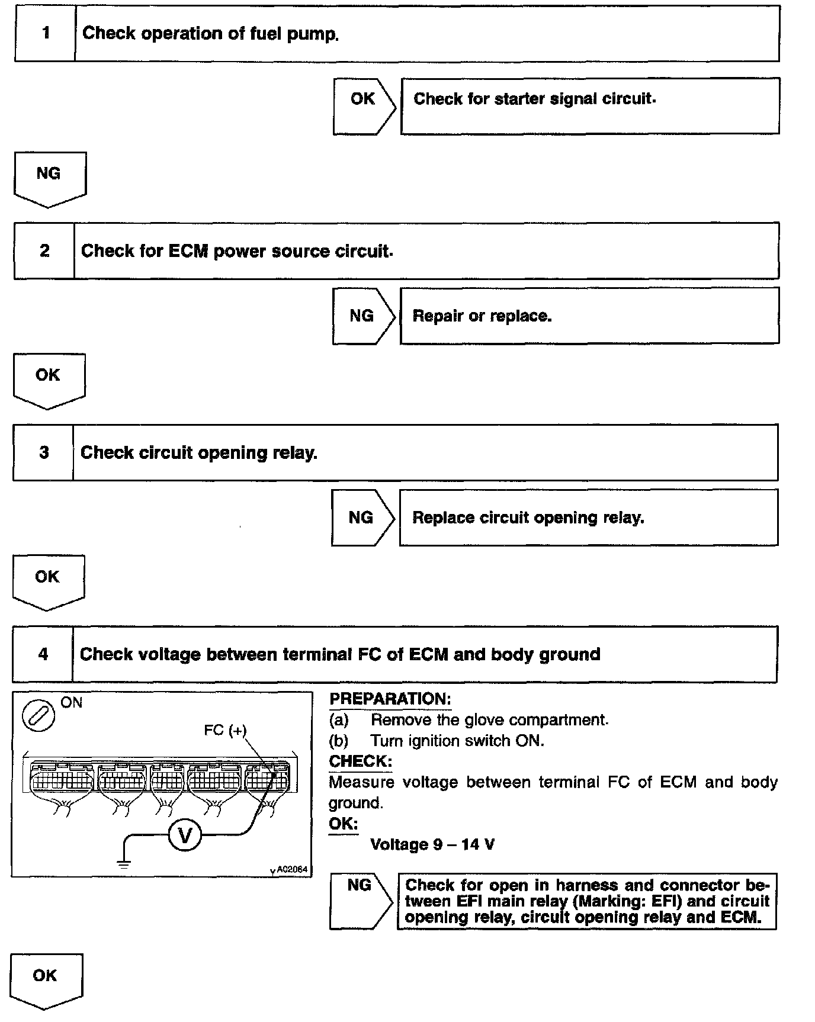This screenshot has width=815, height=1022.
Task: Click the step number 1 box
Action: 46,33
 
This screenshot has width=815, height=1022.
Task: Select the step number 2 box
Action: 44,251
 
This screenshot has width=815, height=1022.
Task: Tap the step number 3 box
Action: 44,453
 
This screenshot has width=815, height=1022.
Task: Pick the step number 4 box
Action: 43,654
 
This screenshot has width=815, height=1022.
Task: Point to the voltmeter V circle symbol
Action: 185,835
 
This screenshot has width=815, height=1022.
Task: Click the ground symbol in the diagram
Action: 124,864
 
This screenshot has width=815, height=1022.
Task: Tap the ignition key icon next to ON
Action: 38,716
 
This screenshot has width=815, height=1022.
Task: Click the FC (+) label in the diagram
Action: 225,730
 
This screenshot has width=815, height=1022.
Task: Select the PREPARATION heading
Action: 390,699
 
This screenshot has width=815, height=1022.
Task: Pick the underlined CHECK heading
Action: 360,761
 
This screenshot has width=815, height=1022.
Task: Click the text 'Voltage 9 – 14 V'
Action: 432,844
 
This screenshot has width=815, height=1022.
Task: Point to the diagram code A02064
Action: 291,869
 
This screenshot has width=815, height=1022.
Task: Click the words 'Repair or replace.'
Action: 482,316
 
